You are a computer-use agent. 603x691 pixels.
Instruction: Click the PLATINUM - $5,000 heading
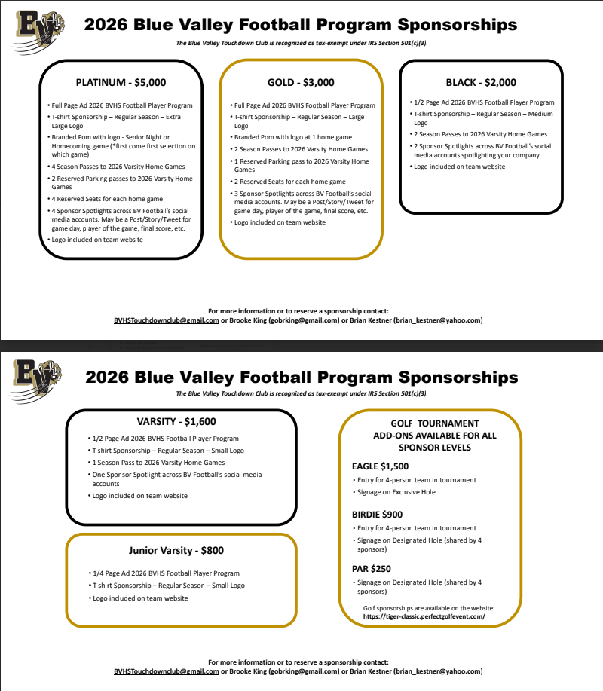(121, 82)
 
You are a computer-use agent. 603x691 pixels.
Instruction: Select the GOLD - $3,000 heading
(301, 82)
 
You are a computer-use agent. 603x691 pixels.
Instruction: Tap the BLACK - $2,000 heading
(482, 82)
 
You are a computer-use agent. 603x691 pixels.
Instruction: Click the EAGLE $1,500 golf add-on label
(381, 466)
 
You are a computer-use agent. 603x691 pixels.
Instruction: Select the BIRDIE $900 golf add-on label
(377, 515)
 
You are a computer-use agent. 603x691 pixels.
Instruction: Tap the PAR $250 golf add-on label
(372, 569)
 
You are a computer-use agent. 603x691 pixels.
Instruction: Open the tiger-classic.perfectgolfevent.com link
(424, 616)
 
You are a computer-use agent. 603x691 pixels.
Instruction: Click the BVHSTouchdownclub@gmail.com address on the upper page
(167, 320)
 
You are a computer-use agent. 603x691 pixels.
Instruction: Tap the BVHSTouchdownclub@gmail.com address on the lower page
(167, 671)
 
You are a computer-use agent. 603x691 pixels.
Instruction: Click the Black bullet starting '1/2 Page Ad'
(484, 102)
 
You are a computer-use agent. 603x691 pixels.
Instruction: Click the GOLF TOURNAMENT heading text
(435, 423)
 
